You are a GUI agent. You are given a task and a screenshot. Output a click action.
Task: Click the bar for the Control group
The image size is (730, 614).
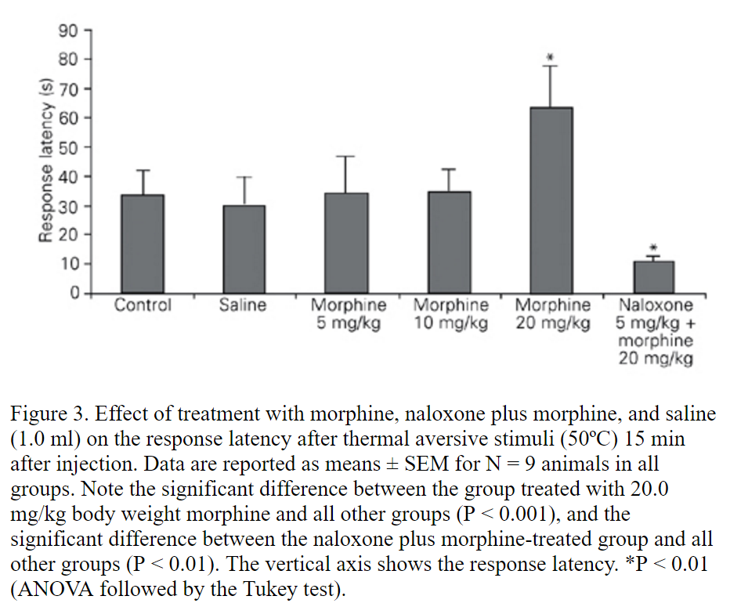click(x=143, y=244)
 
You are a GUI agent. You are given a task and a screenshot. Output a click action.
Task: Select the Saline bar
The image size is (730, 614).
click(x=244, y=250)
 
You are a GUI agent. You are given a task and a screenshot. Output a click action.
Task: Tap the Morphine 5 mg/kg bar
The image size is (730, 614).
click(x=346, y=244)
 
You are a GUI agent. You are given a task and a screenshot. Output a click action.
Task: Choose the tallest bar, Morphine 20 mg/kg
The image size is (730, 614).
click(x=551, y=200)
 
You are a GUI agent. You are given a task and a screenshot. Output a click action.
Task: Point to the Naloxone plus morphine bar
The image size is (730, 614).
click(x=653, y=277)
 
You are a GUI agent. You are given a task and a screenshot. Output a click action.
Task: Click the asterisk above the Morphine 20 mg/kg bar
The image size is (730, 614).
click(x=551, y=57)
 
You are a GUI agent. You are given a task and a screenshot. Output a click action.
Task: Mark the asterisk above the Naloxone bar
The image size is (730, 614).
click(x=653, y=248)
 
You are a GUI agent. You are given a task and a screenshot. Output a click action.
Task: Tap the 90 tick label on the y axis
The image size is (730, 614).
click(x=70, y=31)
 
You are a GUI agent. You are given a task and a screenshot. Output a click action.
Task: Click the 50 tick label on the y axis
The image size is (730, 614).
click(x=70, y=147)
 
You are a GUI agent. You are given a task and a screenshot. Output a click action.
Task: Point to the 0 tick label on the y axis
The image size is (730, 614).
click(x=74, y=293)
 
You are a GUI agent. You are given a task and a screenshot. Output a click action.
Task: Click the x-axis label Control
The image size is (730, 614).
click(x=143, y=305)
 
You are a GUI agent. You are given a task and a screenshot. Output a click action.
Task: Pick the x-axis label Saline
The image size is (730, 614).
click(x=243, y=305)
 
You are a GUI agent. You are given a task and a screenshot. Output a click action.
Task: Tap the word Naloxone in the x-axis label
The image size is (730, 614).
click(x=656, y=305)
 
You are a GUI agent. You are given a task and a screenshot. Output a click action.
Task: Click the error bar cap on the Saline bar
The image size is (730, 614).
click(x=244, y=178)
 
